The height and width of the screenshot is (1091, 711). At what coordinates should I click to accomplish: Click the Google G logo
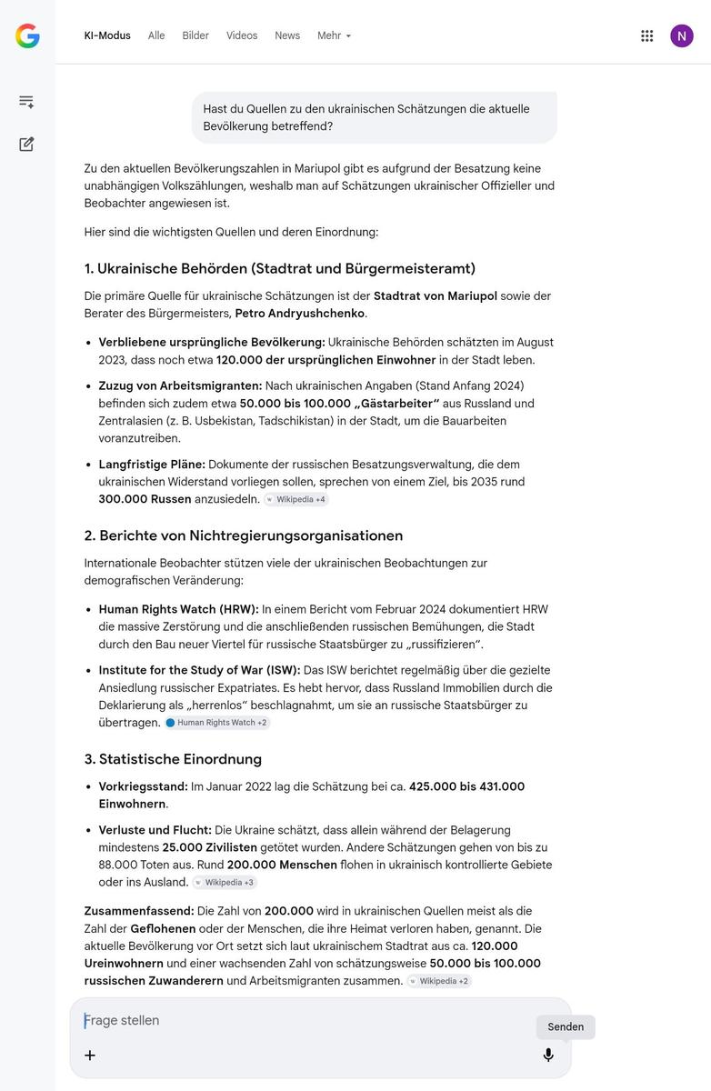pos(27,36)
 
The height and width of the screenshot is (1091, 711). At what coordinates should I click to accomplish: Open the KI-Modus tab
pos(107,35)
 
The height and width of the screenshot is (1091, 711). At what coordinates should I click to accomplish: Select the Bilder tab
pos(195,35)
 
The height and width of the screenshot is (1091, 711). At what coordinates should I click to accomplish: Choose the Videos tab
pos(242,35)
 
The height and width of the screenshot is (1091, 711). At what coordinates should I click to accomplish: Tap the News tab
pos(287,35)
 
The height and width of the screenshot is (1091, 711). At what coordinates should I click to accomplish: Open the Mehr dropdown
pos(334,35)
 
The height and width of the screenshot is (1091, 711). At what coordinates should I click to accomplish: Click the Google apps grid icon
pos(647,35)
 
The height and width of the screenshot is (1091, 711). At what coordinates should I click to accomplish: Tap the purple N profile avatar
pos(682,35)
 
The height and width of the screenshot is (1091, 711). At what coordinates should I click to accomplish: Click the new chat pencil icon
pos(26,144)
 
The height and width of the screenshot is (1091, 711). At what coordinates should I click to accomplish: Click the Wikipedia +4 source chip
pos(295,499)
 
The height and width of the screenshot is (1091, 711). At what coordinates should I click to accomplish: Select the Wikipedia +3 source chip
pos(225,882)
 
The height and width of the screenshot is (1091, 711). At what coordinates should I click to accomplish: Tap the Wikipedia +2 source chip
pos(439,981)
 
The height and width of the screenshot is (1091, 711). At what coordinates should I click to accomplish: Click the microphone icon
pos(548,1055)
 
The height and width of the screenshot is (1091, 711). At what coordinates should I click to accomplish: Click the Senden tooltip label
pos(566,1026)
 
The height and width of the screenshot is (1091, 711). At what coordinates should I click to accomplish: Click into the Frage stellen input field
pos(300,1021)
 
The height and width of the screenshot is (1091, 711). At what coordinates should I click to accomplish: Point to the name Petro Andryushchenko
pos(299,314)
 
